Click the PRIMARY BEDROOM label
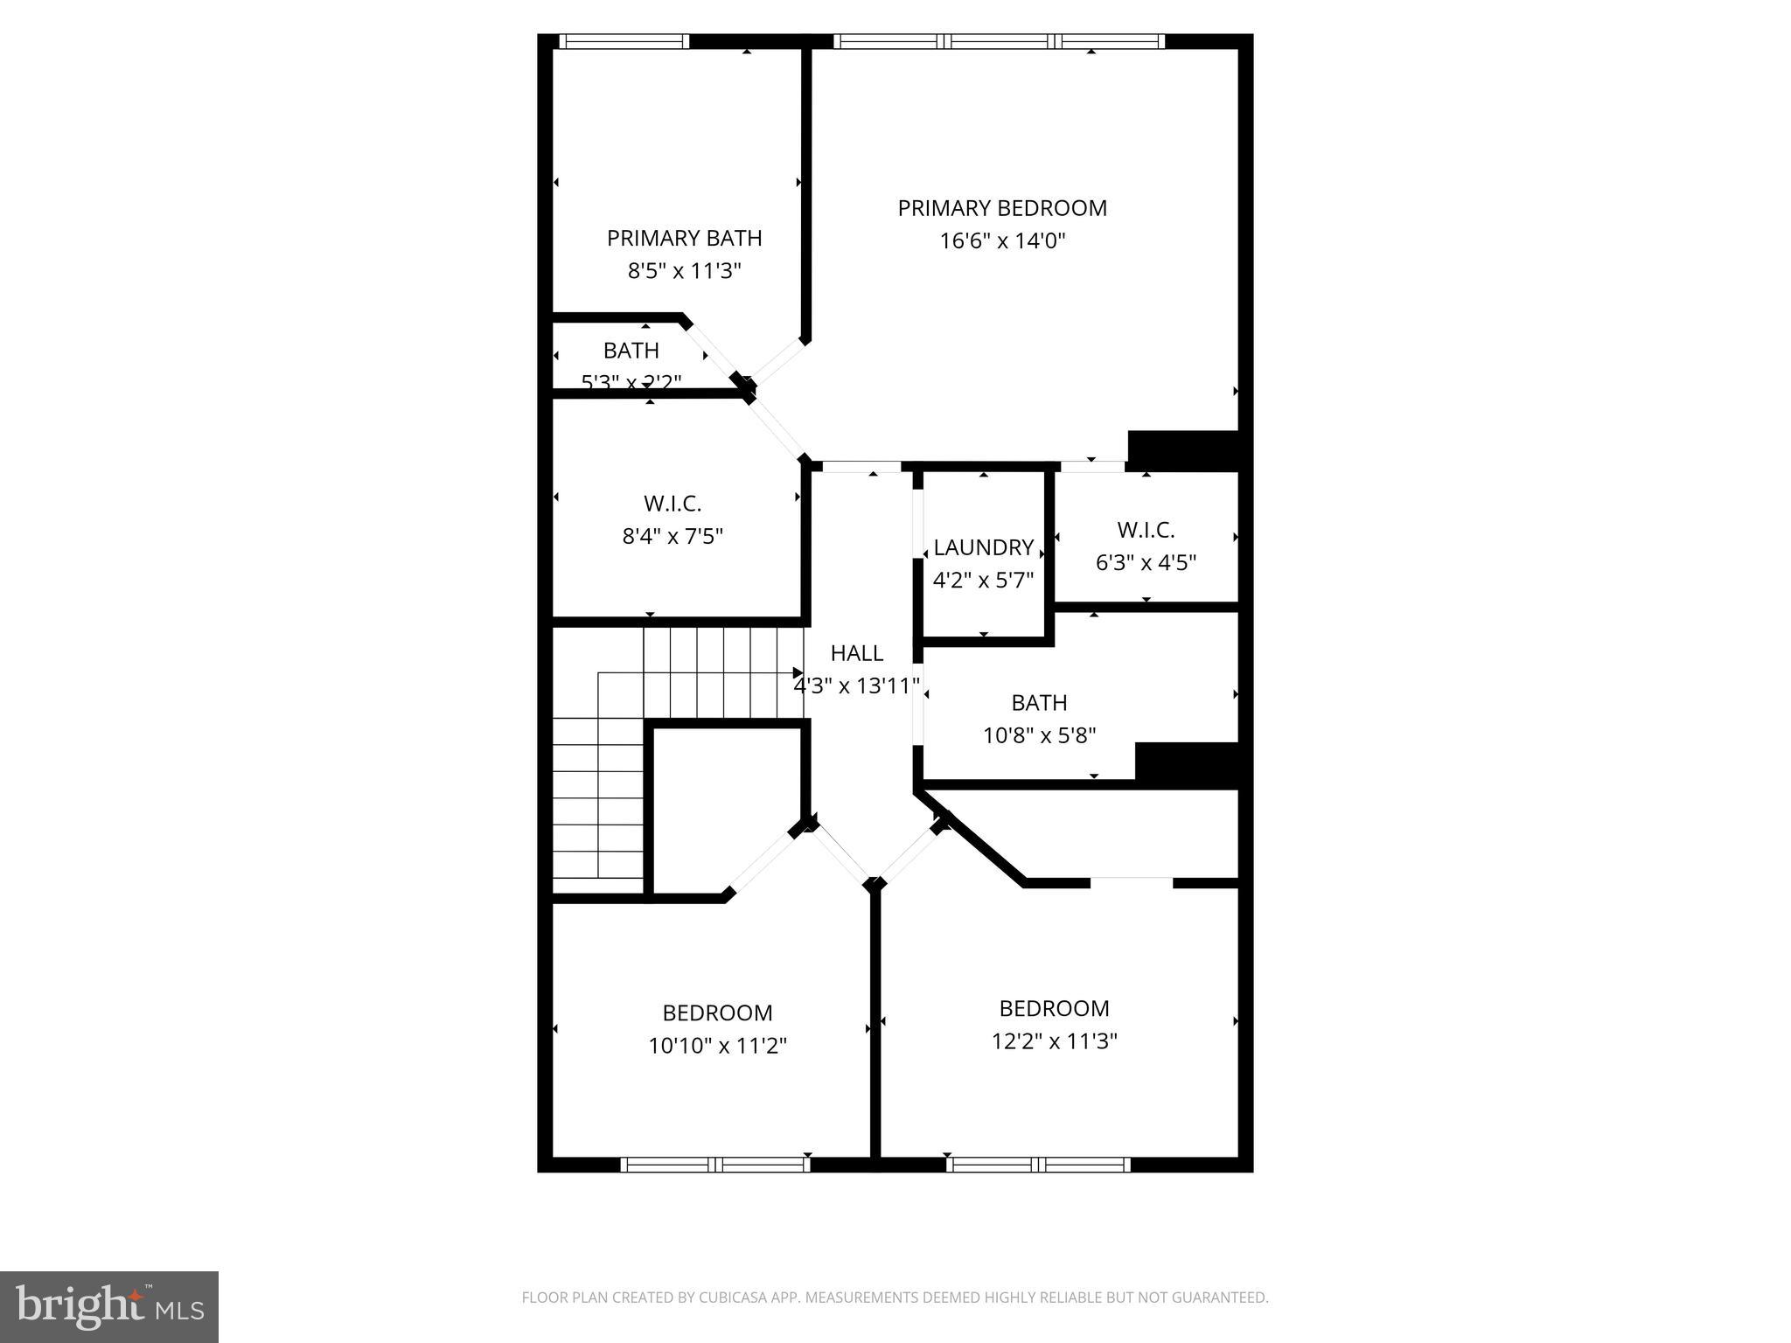coord(1002,208)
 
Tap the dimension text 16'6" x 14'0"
coord(1002,240)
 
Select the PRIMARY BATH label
coord(684,238)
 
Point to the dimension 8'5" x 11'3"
coord(684,271)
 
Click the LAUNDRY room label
coord(983,547)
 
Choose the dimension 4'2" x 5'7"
coord(983,580)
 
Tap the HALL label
coord(856,653)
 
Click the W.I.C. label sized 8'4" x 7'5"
coord(672,504)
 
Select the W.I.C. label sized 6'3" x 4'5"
coord(1146,530)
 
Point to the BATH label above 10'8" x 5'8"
coord(1039,703)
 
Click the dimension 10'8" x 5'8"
coord(1039,735)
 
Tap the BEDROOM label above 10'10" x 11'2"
coord(717,1012)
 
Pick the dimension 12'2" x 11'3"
coord(1054,1041)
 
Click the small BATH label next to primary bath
coord(631,351)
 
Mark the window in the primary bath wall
coord(624,41)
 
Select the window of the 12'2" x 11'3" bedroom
coord(1037,1164)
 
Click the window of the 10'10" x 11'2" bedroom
coord(715,1164)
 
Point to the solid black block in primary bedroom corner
coord(1182,449)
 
